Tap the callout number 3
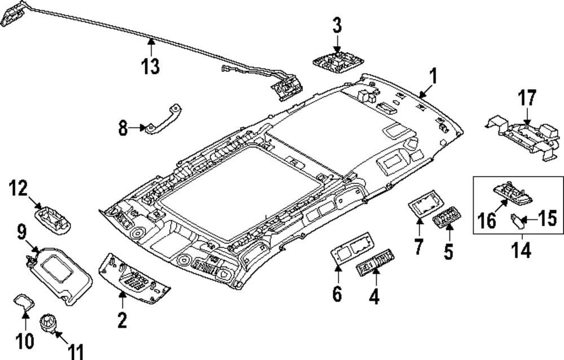coord(336,25)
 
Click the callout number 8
coord(123,129)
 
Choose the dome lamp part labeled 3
coord(336,59)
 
